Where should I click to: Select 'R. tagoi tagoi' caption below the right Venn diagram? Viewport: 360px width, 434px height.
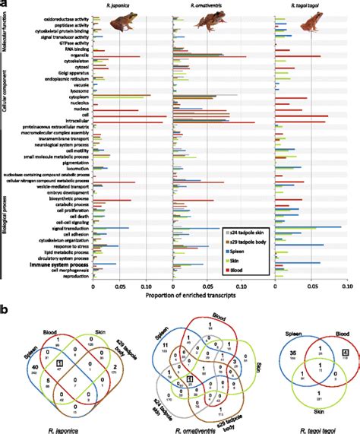307,417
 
